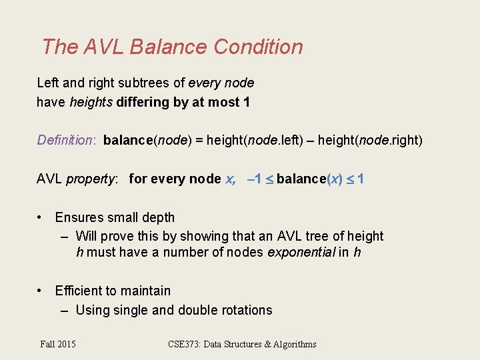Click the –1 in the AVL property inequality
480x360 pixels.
click(253, 179)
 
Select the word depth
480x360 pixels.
click(158, 217)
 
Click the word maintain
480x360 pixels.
click(147, 291)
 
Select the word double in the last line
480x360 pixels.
click(197, 310)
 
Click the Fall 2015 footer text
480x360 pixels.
click(58, 344)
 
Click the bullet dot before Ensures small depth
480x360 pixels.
click(41, 217)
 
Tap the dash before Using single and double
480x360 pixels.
click(65, 310)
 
